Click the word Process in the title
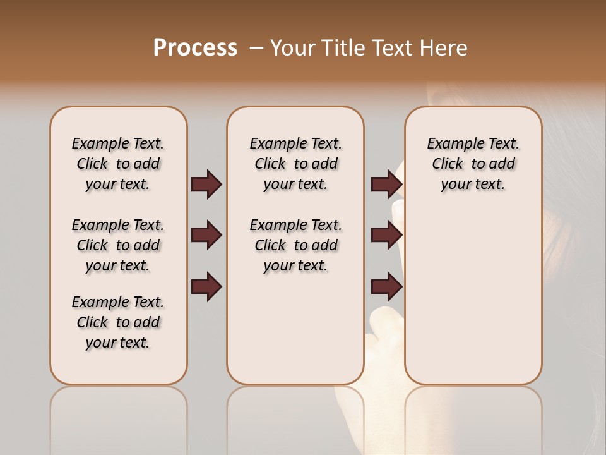[x=195, y=48]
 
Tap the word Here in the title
[x=445, y=48]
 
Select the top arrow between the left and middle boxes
[x=206, y=184]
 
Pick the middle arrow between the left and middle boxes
[x=206, y=235]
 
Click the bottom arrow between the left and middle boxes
[x=206, y=286]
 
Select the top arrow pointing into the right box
[x=386, y=184]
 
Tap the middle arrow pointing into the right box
[x=386, y=235]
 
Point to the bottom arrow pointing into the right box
[x=386, y=286]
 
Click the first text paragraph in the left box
[x=118, y=164]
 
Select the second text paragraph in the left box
[x=118, y=245]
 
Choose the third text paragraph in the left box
[x=118, y=322]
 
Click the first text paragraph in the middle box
[x=295, y=164]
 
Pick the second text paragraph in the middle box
[x=295, y=245]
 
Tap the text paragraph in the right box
[x=473, y=164]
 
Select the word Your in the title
[x=292, y=48]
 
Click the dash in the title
[x=256, y=48]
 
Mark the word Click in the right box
[x=448, y=164]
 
